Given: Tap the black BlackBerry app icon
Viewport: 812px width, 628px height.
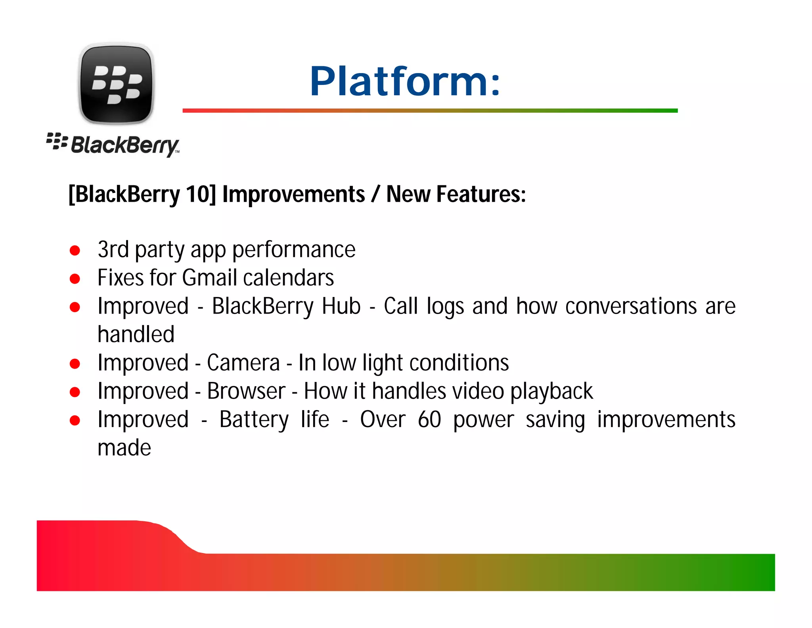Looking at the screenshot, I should [116, 84].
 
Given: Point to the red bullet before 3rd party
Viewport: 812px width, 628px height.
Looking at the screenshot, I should [75, 250].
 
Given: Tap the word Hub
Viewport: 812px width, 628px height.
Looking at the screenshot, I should [341, 306].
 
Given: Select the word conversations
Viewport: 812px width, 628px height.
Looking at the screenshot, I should [631, 306].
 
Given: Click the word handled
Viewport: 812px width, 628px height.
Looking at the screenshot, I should [136, 334].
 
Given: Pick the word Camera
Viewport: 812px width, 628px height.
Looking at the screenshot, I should [243, 363].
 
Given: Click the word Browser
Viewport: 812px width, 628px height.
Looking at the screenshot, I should [246, 391].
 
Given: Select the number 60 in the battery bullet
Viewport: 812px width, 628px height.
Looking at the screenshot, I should [429, 420].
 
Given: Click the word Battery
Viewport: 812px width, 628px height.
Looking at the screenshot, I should [254, 420].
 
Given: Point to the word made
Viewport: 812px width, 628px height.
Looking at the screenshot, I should [124, 448].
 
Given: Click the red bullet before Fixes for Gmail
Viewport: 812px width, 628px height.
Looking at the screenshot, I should [75, 279].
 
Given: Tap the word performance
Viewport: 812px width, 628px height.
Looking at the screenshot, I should [294, 250].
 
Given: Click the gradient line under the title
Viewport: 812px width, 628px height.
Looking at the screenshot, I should [430, 110].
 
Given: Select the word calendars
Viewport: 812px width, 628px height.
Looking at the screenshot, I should [288, 277].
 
